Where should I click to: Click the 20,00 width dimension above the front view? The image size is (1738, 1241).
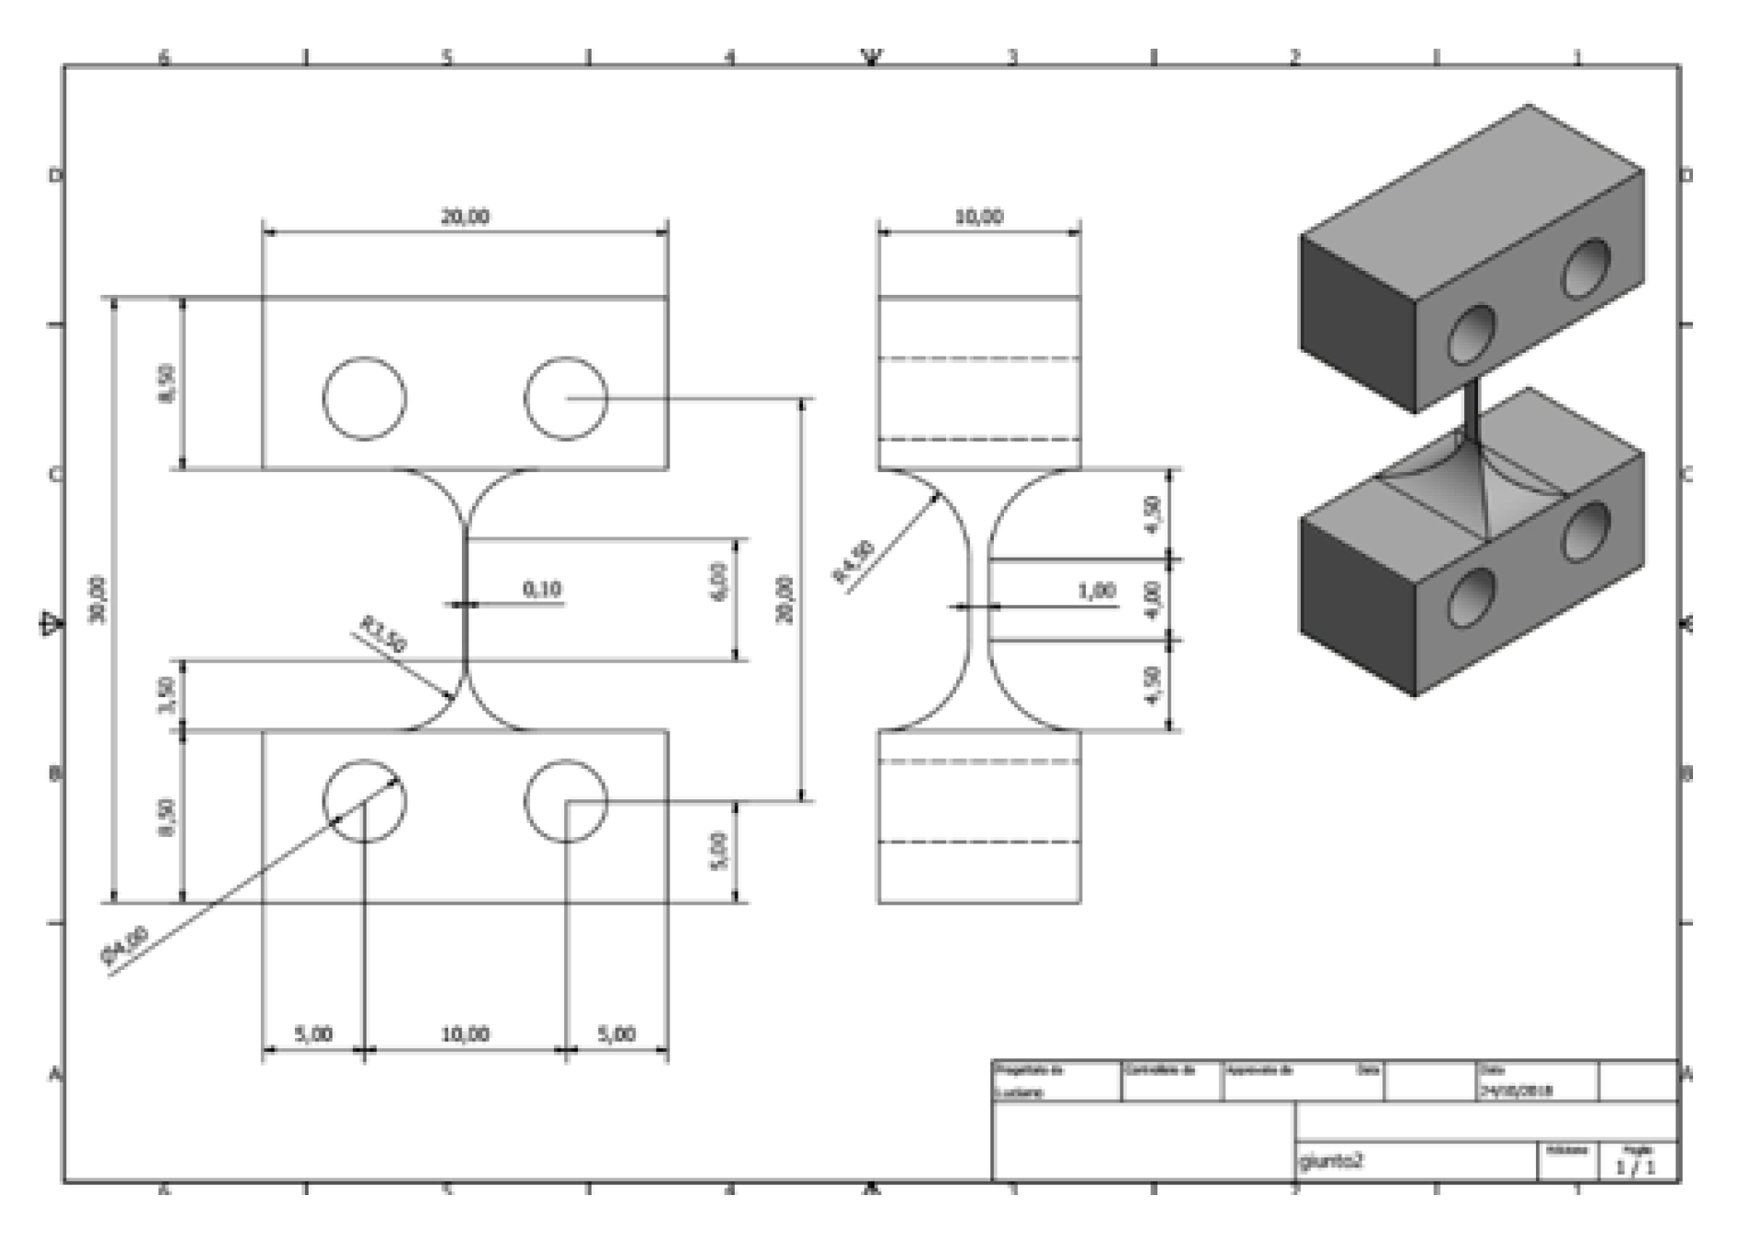click(466, 217)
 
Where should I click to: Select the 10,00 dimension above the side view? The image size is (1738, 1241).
click(978, 217)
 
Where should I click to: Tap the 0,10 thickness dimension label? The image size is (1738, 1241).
click(542, 589)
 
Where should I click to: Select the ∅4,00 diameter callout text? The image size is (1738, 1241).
click(124, 947)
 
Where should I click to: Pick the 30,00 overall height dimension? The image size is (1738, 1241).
click(98, 599)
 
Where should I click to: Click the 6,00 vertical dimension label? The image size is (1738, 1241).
click(719, 581)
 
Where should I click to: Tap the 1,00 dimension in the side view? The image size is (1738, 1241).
click(1096, 591)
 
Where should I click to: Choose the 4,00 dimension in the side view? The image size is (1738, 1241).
click(1154, 599)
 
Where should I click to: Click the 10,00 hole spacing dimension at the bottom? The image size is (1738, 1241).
click(465, 1034)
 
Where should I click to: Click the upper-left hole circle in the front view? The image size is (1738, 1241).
click(365, 399)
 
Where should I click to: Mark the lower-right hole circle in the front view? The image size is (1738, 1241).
click(566, 801)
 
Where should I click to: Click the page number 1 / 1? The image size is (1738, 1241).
click(1635, 1168)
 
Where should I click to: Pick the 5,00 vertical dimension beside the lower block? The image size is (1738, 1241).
click(719, 851)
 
